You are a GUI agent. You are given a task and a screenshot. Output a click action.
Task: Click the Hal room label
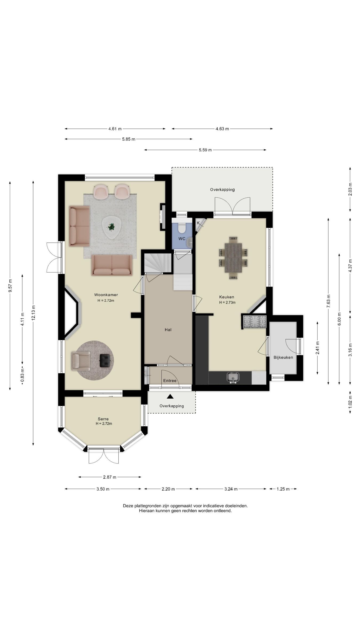[168, 330]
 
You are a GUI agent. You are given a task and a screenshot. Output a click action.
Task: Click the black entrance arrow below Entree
[170, 397]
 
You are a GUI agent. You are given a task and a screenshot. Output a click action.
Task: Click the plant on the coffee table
[111, 227]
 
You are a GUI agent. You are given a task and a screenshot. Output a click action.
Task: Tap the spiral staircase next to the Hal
[158, 263]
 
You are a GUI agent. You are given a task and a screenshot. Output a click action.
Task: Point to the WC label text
[182, 239]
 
